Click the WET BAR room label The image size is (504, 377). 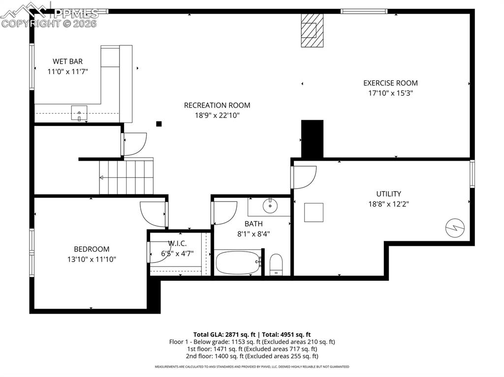pos(67,61)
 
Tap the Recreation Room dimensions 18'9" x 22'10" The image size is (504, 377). pos(217,116)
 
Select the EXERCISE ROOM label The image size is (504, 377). pos(390,83)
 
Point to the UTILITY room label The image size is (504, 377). pos(388,194)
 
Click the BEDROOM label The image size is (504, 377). pos(92,249)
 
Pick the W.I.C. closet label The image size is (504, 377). pos(177,243)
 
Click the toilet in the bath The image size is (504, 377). pos(276,264)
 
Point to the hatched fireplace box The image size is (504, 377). pos(312,30)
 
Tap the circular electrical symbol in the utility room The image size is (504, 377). pos(453,228)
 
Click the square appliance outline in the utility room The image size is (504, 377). pos(314,212)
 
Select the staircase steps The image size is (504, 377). pos(126,177)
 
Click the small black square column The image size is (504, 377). pos(158,124)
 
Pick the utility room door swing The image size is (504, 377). pos(303,176)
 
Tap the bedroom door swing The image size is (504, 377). pos(153,213)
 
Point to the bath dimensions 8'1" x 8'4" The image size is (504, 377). pos(253,234)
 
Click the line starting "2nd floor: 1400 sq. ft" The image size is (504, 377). pos(252,356)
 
